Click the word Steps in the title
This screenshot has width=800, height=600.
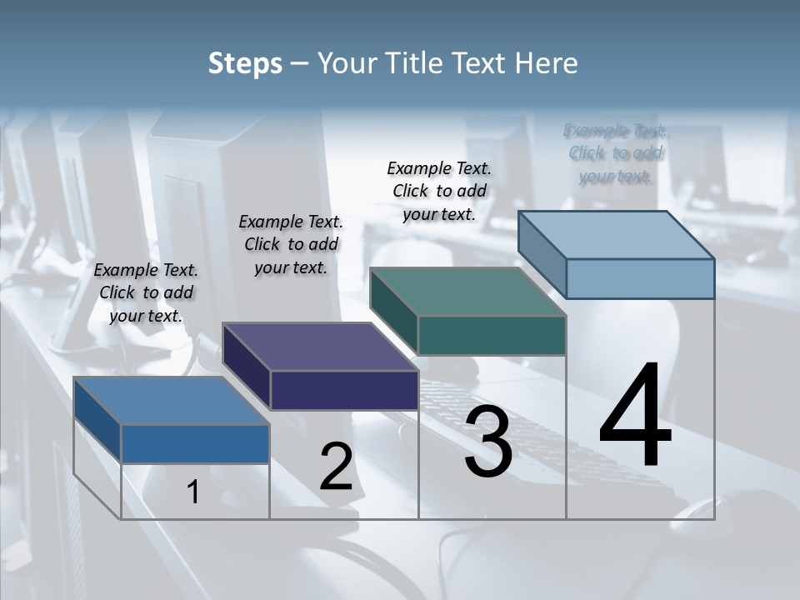245,64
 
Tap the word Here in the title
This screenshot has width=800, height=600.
547,64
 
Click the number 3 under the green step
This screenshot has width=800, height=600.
488,442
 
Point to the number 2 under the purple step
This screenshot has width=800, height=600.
336,467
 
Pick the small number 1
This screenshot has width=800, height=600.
193,492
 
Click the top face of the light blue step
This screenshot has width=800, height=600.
617,235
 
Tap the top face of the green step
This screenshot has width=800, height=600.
468,292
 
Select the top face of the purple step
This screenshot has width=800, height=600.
321,347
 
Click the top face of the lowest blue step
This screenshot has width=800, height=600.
172,401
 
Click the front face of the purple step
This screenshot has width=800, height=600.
344,390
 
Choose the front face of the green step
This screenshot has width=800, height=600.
492,335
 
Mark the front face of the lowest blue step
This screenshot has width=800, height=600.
195,443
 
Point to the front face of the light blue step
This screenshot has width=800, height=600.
640,278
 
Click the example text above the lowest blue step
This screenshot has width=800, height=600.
146,292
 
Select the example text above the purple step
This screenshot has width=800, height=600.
291,244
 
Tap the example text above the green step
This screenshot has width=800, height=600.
439,191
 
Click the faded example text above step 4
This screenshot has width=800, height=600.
616,153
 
